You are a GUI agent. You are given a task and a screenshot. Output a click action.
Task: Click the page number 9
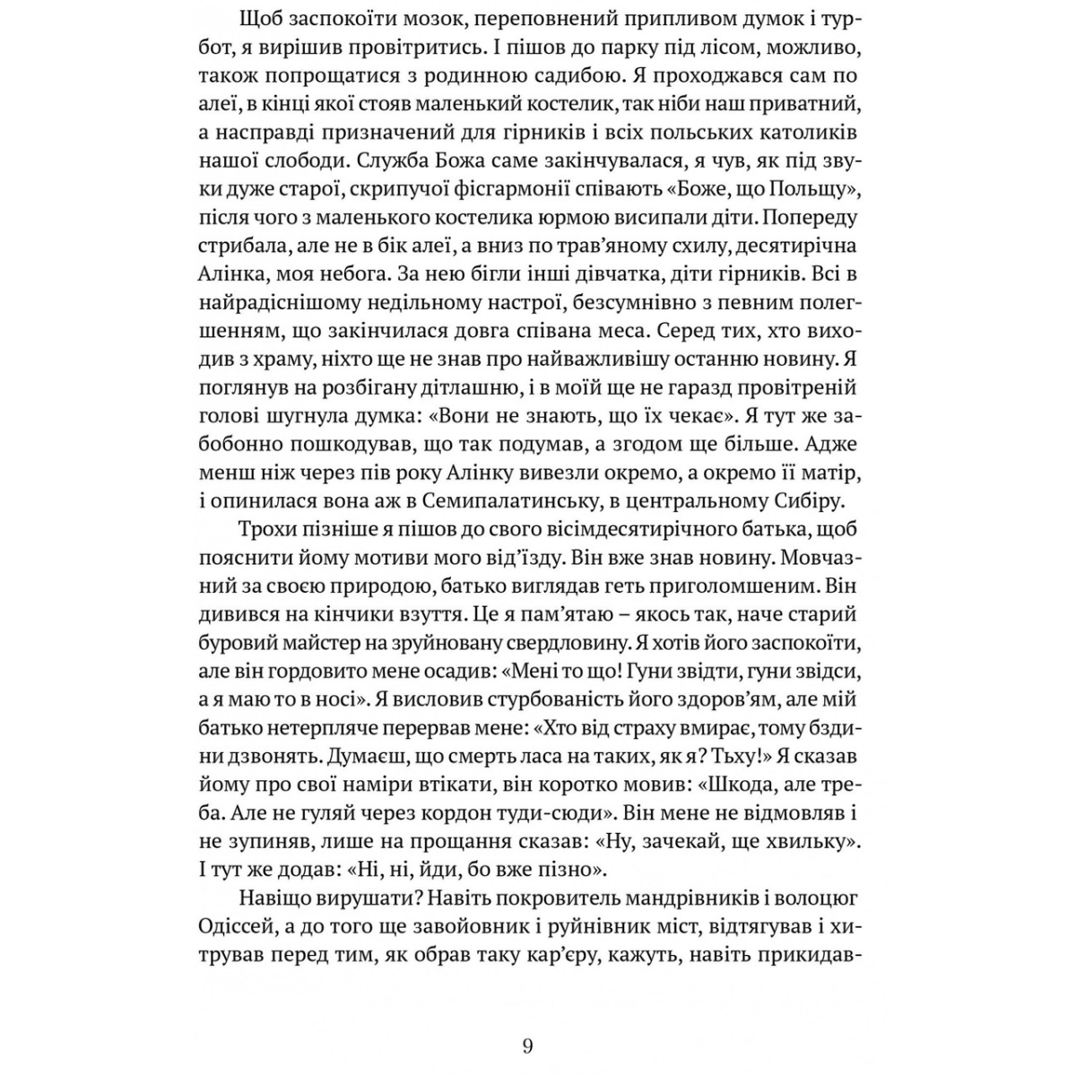click(x=527, y=1046)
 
